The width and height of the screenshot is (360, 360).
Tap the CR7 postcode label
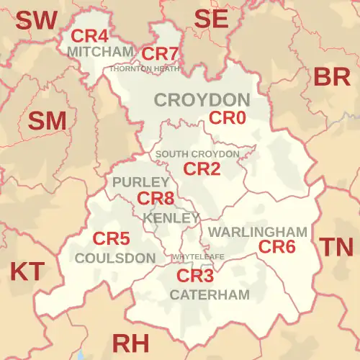click(159, 53)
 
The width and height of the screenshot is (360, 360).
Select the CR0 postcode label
click(227, 117)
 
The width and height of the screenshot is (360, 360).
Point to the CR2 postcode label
click(202, 169)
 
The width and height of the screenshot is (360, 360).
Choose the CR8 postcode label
click(156, 198)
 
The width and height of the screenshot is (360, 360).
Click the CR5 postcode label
click(112, 238)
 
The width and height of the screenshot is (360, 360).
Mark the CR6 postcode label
click(277, 247)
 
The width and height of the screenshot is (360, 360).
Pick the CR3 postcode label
click(196, 276)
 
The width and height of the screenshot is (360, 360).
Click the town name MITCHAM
click(99, 52)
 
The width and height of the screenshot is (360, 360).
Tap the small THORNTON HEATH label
click(144, 68)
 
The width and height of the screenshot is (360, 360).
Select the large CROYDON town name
click(202, 99)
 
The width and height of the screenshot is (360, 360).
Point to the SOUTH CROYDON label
click(197, 154)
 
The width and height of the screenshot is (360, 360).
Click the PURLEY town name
click(140, 182)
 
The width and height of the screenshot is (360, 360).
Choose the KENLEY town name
click(171, 217)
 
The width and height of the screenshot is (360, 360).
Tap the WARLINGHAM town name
click(258, 232)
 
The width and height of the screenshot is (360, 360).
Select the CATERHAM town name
click(210, 294)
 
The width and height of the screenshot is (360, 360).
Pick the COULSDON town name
click(115, 258)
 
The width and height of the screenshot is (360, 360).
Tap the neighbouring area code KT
click(27, 271)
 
